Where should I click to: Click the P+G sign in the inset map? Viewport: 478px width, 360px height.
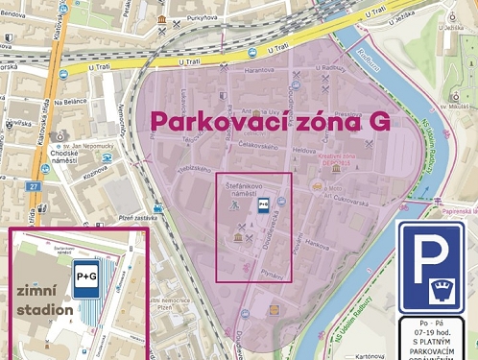coord(87,276)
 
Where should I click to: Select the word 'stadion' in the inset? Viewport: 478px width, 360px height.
coord(44,310)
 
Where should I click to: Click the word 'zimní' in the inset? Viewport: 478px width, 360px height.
coord(39,290)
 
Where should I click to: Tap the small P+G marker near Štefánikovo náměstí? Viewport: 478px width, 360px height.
coord(262,204)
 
